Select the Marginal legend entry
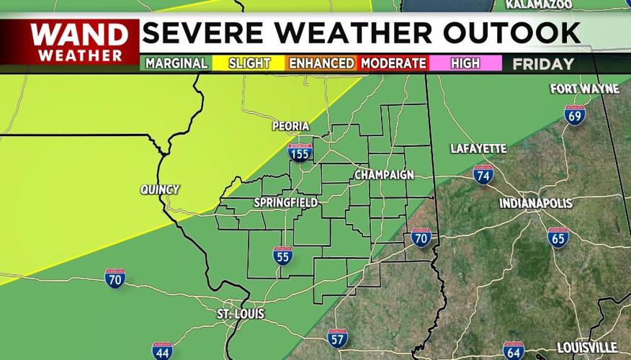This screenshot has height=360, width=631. (x=176, y=63)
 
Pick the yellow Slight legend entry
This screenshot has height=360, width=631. (x=249, y=63)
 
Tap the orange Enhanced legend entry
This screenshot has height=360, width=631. (x=321, y=63)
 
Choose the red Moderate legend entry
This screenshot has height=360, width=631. (x=393, y=63)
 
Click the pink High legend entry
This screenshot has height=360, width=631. (x=465, y=63)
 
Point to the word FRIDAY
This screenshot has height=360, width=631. (x=543, y=64)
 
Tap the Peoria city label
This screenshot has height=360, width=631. (x=291, y=127)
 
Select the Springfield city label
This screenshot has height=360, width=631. (x=286, y=203)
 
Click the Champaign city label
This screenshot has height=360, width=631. (x=384, y=175)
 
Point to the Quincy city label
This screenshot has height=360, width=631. (x=160, y=190)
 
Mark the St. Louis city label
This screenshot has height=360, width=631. (x=241, y=315)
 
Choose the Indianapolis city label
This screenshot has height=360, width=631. (x=536, y=204)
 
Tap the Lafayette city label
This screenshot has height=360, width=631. (x=479, y=149)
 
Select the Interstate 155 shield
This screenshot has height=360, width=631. (x=300, y=152)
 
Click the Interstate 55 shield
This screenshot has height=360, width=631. (x=282, y=256)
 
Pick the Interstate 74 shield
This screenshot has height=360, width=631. (x=483, y=174)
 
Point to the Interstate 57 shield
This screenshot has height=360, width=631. (x=337, y=338)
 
